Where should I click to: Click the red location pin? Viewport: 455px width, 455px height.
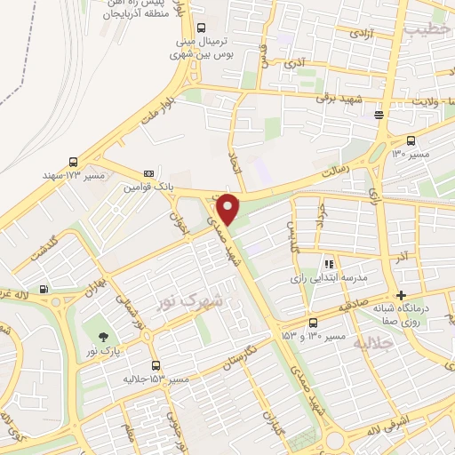point(229,208)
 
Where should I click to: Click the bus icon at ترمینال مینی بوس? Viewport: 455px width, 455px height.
point(202,28)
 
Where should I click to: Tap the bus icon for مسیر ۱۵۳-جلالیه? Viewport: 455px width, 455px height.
point(156,365)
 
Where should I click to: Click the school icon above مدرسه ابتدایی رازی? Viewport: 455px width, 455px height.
point(329,264)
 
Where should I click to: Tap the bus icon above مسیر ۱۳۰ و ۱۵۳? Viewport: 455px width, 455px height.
point(313,323)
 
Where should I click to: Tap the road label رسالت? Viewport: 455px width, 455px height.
point(343,157)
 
